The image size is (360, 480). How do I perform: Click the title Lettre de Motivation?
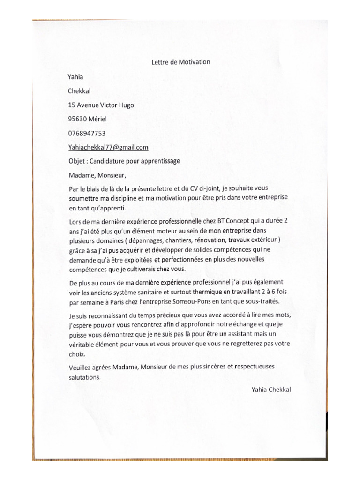click(180, 61)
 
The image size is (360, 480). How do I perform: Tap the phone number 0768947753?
click(87, 133)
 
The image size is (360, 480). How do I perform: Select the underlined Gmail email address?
click(108, 147)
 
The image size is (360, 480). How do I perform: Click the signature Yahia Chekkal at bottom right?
click(271, 389)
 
